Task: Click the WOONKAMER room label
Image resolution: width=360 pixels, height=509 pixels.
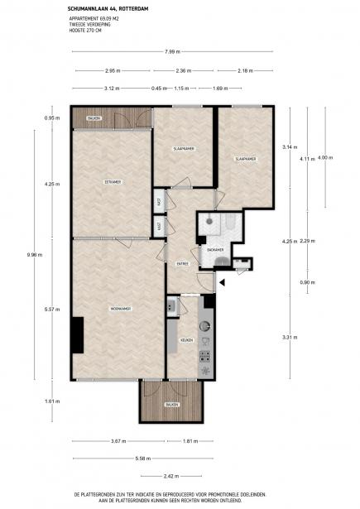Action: click(x=121, y=310)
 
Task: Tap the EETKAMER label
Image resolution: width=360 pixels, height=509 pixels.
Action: click(x=112, y=181)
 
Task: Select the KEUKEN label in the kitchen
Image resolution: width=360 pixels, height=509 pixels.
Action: click(x=186, y=340)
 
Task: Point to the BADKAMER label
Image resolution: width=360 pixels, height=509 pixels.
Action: click(x=215, y=249)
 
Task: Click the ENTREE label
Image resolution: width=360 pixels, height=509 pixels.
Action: click(x=182, y=264)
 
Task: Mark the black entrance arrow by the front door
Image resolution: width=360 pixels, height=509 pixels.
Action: click(x=221, y=283)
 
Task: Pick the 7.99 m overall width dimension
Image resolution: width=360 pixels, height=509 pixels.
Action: click(x=172, y=52)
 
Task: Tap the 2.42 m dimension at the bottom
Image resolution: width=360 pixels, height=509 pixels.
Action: click(x=170, y=477)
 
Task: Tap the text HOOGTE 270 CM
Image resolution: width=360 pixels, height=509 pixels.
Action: click(x=89, y=31)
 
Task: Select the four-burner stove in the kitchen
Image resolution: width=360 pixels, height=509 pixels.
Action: click(x=204, y=357)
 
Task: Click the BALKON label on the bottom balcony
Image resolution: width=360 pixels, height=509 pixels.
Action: click(x=171, y=405)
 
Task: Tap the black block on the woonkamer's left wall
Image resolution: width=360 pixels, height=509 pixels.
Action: click(x=76, y=335)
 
